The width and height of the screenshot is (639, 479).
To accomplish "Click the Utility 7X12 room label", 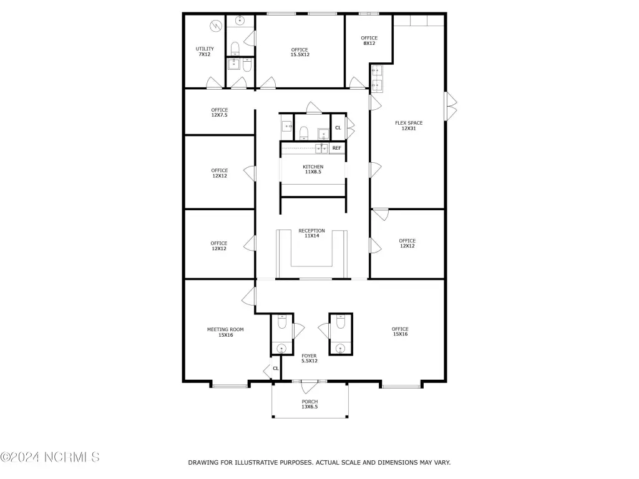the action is (205, 51).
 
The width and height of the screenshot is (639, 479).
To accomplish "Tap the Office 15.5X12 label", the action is (300, 52).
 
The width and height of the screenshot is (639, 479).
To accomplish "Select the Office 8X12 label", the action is (369, 41).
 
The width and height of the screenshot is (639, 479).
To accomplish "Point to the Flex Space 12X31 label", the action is (409, 125).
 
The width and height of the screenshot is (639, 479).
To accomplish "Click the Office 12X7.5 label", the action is (219, 112).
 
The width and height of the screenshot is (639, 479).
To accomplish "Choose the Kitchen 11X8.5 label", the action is (313, 169).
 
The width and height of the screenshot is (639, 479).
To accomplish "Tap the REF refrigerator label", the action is (336, 148).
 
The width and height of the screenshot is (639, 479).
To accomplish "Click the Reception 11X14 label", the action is (312, 233).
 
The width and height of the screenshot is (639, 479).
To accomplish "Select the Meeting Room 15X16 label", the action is (225, 332).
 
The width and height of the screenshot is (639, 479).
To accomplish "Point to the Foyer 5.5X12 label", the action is (310, 358).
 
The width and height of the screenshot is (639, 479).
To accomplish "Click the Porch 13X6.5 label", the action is (310, 404).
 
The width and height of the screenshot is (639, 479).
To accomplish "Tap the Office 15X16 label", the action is (400, 331).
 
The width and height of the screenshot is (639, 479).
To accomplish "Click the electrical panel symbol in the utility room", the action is (215, 26).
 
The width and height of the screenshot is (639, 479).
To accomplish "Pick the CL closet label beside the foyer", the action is (276, 368).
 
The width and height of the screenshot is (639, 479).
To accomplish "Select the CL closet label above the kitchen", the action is (338, 127).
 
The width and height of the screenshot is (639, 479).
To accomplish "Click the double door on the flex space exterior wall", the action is (451, 106).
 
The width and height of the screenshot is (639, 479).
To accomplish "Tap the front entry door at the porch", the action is (310, 386).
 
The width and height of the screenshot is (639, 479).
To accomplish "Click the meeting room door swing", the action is (248, 296).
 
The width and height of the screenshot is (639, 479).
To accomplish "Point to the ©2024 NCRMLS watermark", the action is (50, 457).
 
